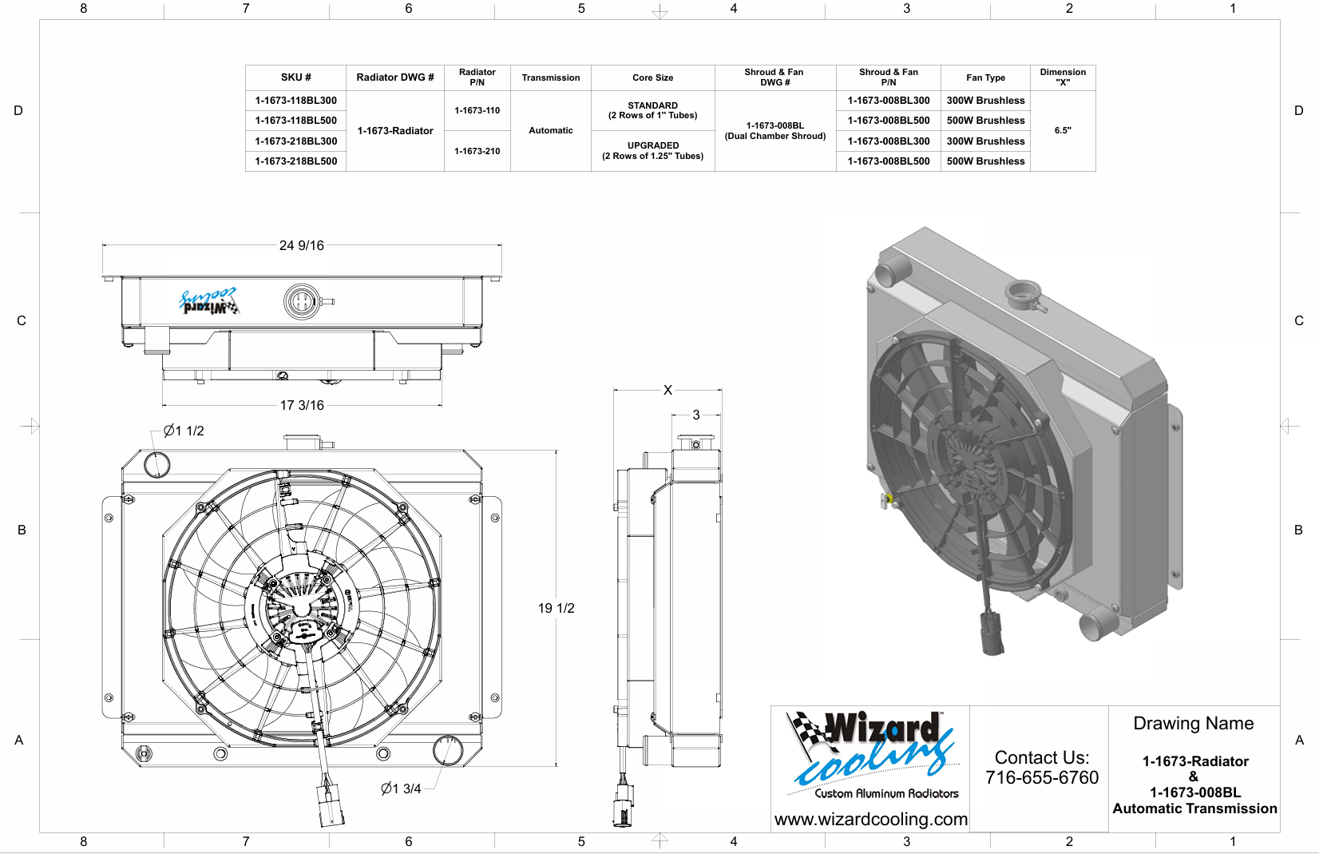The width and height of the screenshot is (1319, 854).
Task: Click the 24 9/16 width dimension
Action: click(302, 245)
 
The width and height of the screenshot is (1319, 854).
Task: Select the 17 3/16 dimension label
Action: click(302, 406)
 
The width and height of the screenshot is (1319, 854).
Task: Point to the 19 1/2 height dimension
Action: click(556, 608)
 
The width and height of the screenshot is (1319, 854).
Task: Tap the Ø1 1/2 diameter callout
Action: click(184, 431)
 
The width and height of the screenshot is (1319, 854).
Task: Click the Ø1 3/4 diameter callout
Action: click(401, 788)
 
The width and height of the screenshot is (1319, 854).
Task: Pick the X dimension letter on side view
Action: click(667, 390)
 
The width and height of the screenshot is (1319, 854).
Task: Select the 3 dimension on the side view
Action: click(696, 415)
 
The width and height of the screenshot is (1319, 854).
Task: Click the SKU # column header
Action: click(295, 77)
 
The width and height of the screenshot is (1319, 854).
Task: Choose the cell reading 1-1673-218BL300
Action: click(295, 141)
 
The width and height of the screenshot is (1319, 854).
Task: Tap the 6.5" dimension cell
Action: click(1062, 130)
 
